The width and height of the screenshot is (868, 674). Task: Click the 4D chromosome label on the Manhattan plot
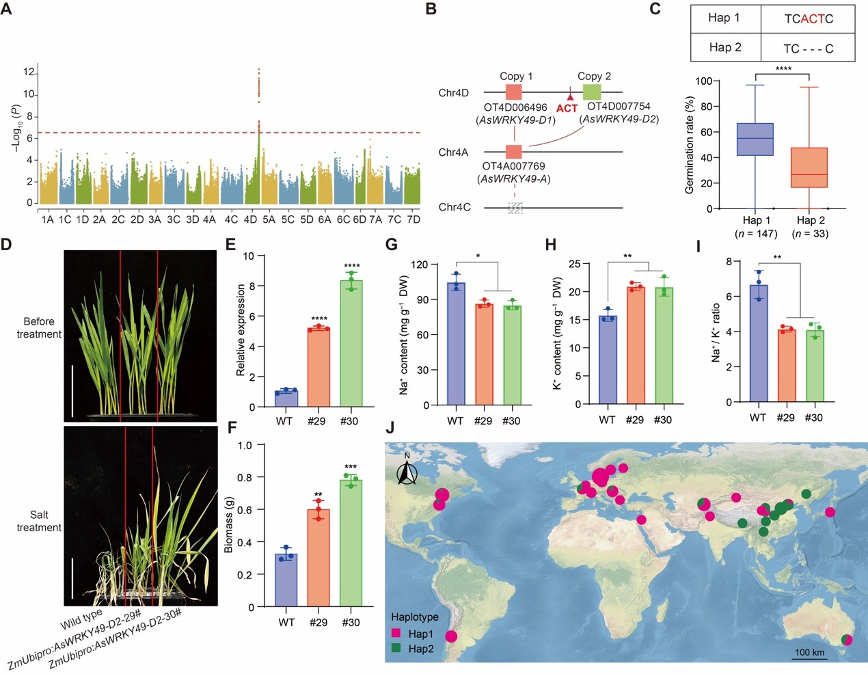[x=250, y=219]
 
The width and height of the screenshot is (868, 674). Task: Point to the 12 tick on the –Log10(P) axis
[x=29, y=72]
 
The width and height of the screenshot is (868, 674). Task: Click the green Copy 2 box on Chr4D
[x=592, y=92]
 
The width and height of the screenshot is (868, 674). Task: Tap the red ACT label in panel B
[x=567, y=108]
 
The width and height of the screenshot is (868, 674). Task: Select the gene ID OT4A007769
[x=513, y=166]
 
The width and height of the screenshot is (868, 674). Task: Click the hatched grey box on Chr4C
[x=515, y=208]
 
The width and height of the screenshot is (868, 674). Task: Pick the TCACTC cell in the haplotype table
[x=808, y=18]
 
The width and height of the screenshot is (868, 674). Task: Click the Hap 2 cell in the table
[x=725, y=47]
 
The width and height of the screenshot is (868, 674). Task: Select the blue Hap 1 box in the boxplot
[x=755, y=139]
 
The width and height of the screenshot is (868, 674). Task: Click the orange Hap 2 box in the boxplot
[x=809, y=167]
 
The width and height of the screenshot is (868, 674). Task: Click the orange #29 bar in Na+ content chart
[x=484, y=355]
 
